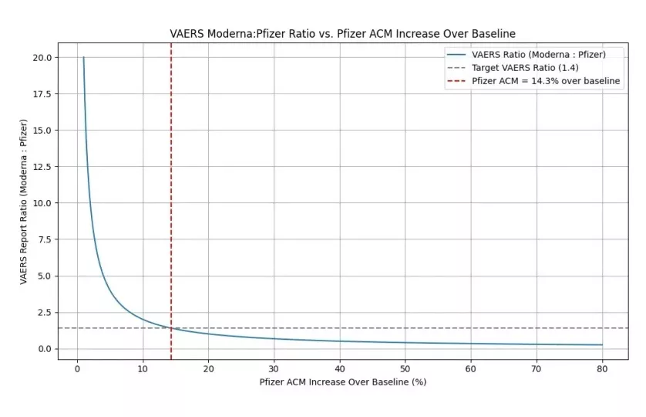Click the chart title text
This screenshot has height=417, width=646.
(342, 34)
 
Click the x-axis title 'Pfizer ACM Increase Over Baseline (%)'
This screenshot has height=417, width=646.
(342, 381)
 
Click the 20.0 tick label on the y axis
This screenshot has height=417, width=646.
(42, 57)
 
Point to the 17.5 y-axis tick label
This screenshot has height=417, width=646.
(42, 93)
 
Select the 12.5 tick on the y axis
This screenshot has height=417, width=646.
(42, 167)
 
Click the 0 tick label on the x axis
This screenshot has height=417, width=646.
(77, 368)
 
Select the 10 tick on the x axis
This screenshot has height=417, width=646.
(143, 368)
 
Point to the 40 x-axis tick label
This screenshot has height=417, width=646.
(339, 368)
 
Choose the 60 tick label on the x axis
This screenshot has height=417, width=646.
(470, 368)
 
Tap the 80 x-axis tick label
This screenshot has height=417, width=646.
(601, 368)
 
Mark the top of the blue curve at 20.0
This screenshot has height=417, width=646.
(83, 58)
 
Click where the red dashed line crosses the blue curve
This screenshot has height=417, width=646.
(171, 328)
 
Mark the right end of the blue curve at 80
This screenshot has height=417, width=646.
(601, 345)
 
